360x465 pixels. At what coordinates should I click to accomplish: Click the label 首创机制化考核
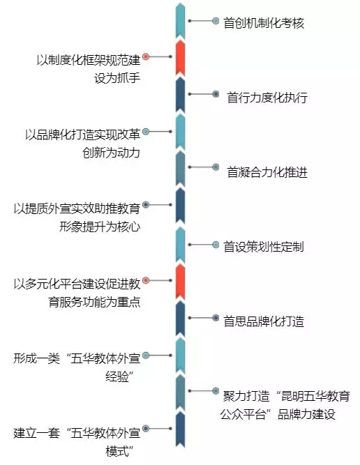(x=264, y=23)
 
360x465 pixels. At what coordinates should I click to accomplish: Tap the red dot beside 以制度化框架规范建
(x=146, y=56)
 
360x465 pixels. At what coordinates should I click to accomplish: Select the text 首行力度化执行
(x=267, y=98)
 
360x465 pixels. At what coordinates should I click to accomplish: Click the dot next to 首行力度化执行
(x=216, y=94)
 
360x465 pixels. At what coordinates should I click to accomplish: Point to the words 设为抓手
(x=117, y=78)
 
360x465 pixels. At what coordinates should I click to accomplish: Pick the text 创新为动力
(x=112, y=153)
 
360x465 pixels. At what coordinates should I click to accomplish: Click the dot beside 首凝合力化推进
(x=216, y=167)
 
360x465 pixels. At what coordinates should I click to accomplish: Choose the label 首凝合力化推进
(x=267, y=172)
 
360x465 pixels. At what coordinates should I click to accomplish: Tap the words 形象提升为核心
(x=100, y=227)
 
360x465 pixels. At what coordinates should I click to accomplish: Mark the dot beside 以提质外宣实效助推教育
(x=146, y=205)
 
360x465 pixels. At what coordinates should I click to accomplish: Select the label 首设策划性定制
(x=264, y=247)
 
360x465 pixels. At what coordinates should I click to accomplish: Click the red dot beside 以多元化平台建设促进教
(x=146, y=280)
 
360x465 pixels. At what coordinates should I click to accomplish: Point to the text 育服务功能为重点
(x=94, y=302)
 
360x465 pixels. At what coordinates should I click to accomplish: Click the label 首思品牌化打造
(x=264, y=321)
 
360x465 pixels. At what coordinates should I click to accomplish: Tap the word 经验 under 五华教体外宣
(x=117, y=377)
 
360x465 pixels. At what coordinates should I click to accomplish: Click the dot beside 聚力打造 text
(x=216, y=391)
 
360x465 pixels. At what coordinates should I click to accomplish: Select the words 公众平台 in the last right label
(x=243, y=414)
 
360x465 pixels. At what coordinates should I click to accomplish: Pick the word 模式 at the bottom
(x=117, y=451)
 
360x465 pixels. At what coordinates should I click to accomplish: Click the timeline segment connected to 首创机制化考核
(x=180, y=21)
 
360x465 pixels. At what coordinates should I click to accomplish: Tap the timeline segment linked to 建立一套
(x=180, y=429)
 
